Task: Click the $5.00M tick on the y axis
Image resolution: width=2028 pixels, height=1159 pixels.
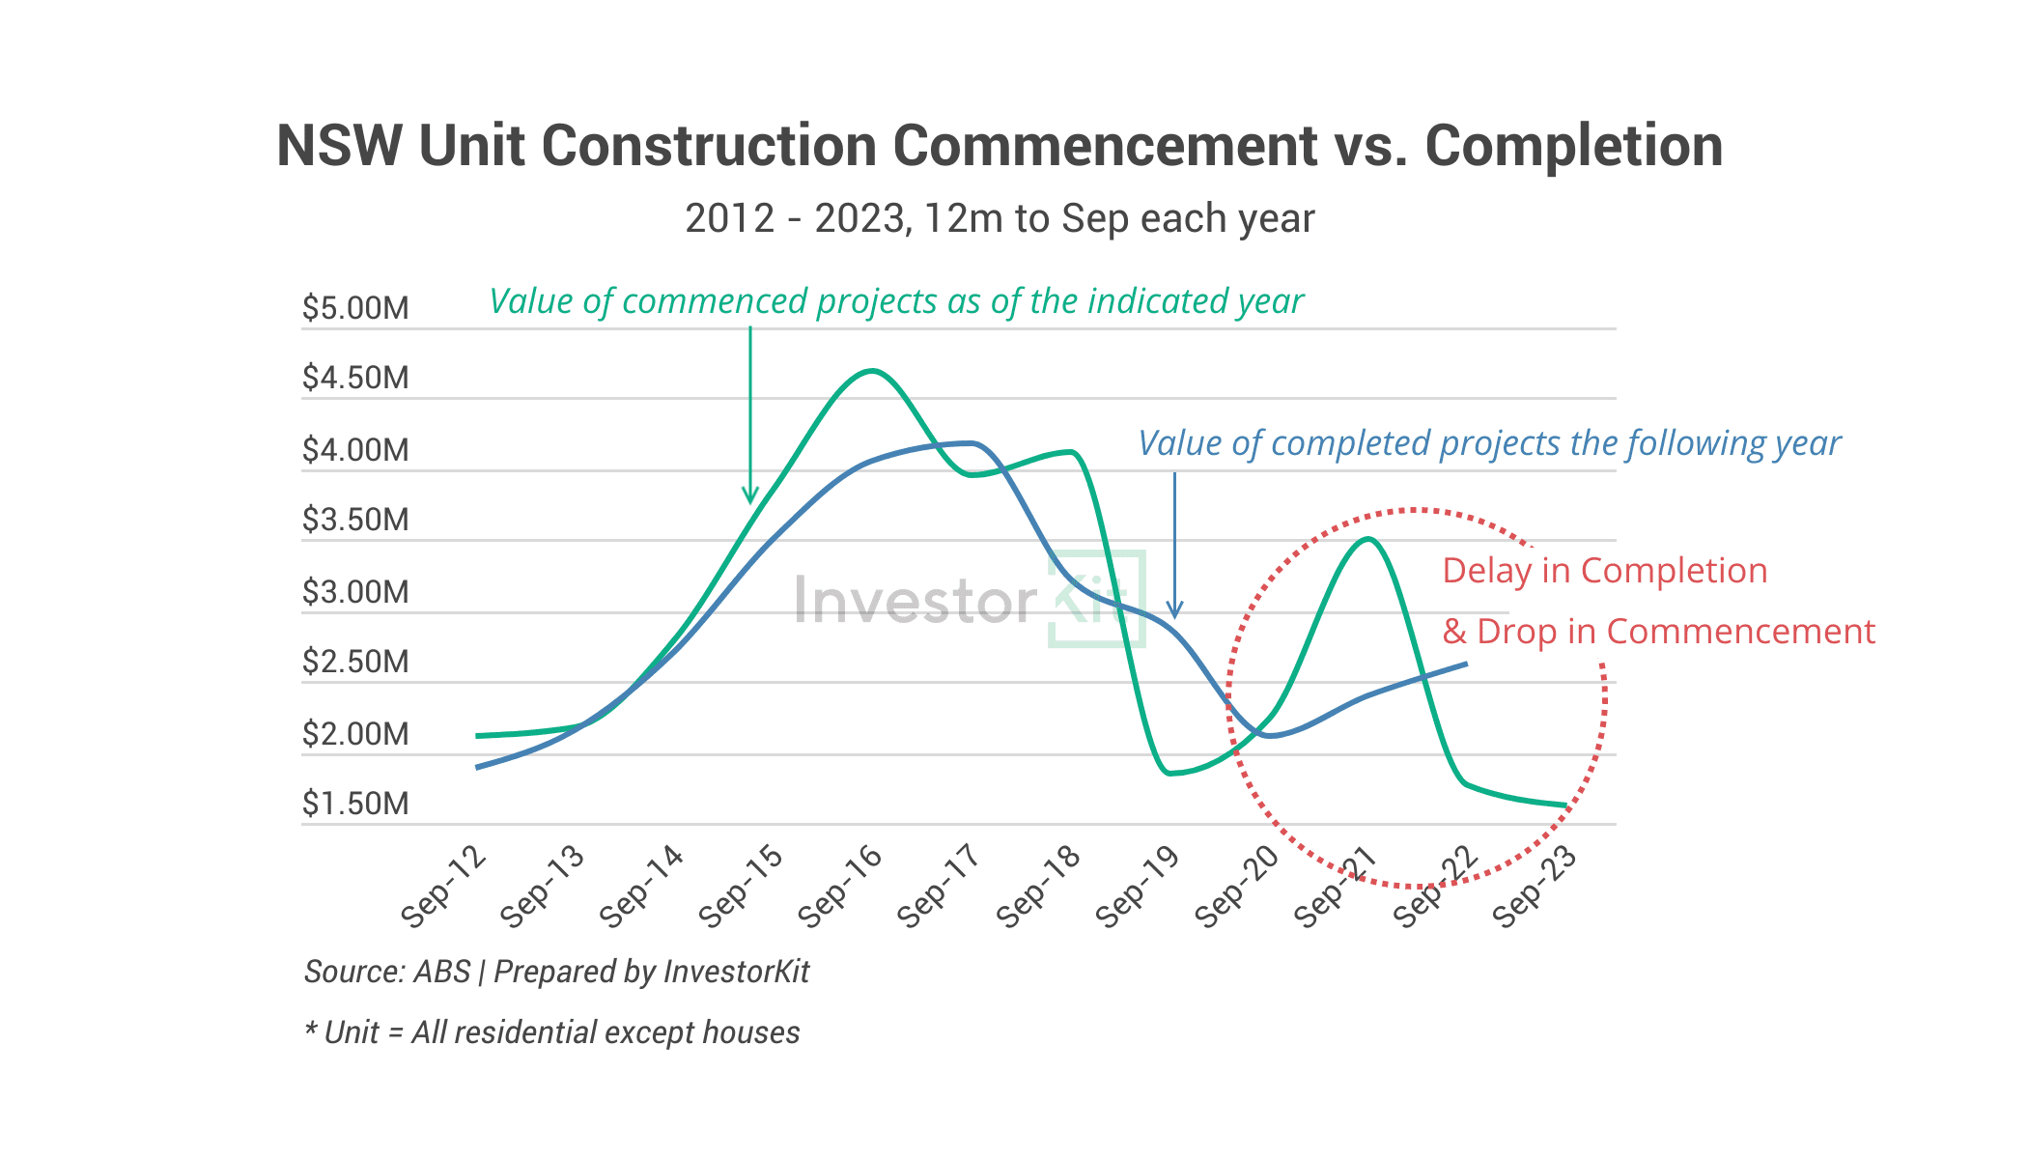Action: coord(355,308)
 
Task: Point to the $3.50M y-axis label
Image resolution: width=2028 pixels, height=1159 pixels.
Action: coord(355,520)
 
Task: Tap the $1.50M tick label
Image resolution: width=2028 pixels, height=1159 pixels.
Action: coord(355,804)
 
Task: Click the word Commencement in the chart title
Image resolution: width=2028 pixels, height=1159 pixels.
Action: coord(1105,147)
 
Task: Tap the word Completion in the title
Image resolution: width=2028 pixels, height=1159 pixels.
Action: coord(1573,147)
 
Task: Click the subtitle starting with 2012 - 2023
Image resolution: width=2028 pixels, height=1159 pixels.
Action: coord(1000,219)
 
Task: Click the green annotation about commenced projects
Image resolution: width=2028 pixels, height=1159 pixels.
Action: coord(896,301)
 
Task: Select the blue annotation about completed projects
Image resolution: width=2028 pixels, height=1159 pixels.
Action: coord(1489,443)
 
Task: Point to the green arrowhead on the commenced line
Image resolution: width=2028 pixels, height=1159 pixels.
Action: coord(750,495)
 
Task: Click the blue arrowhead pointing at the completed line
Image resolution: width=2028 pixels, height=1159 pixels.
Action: coord(1174,610)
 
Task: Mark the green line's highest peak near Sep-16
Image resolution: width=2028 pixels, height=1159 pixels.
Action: coord(872,371)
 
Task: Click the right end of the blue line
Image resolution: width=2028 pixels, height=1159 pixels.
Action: coord(1466,664)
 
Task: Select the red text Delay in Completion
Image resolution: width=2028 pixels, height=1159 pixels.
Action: coord(1604,571)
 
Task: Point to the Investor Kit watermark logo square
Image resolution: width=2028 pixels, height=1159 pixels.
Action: coord(1097,598)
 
